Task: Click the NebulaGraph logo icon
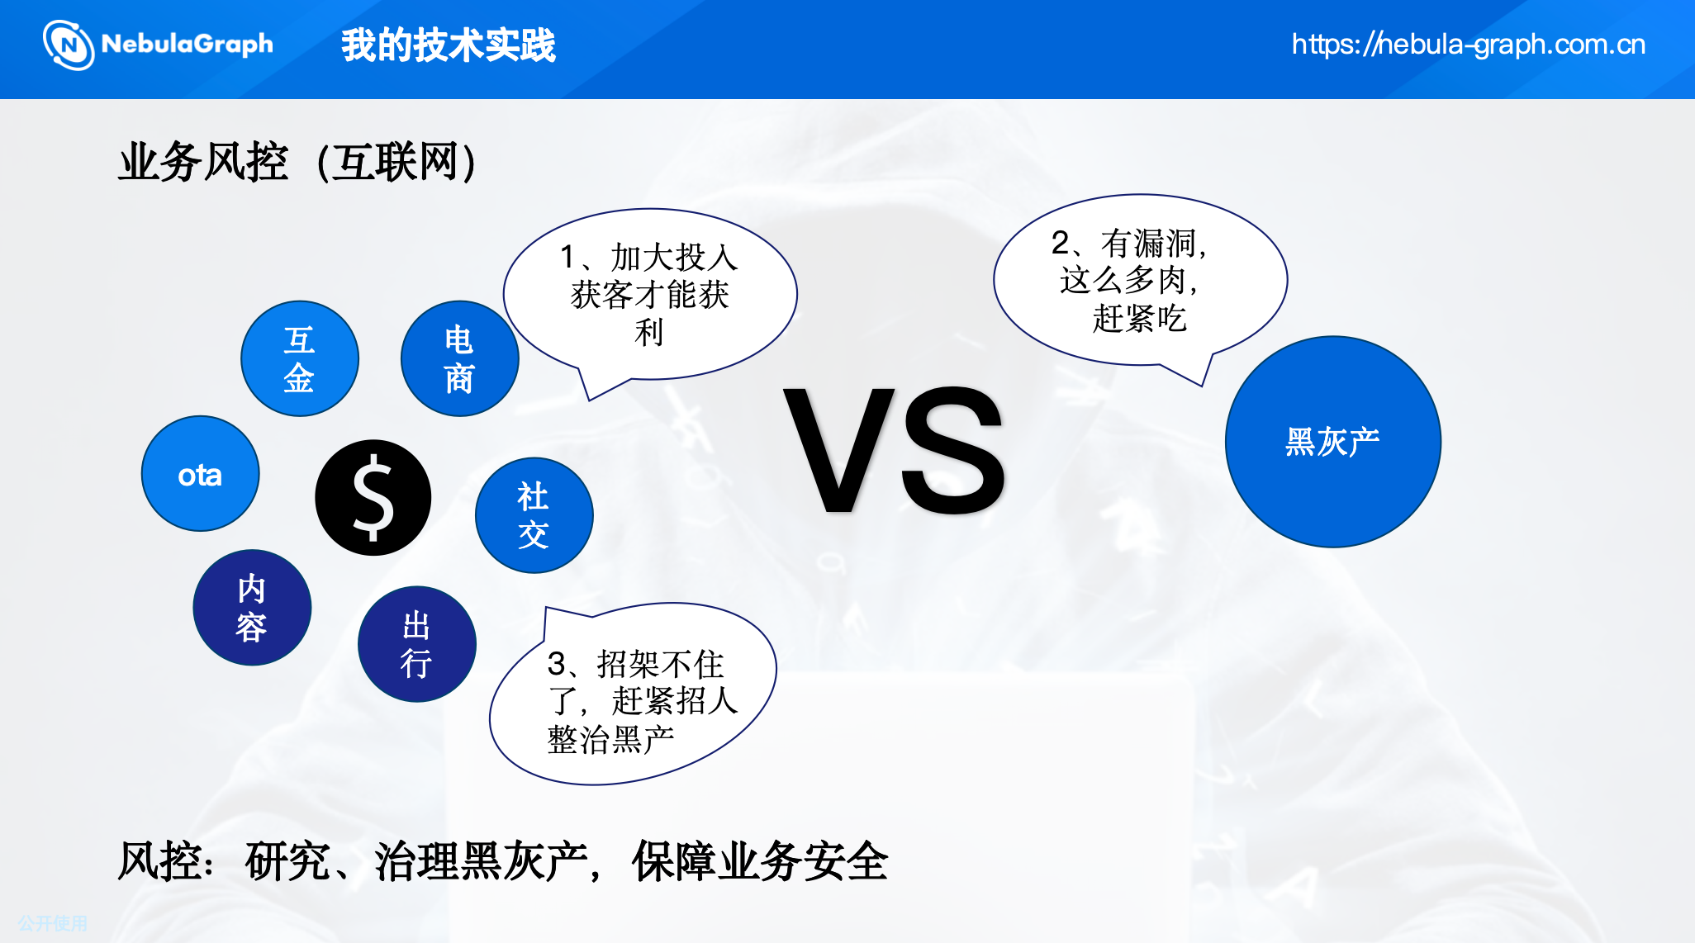coord(69,45)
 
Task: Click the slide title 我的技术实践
coord(449,45)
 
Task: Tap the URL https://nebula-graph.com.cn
coord(1469,44)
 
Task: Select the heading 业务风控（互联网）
coord(297,161)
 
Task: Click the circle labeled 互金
coord(300,358)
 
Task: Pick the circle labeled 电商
coord(460,358)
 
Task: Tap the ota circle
coord(201,474)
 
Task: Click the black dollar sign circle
coord(373,497)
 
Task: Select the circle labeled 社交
coord(534,515)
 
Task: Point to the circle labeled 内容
coord(252,608)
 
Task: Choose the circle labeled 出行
coord(417,644)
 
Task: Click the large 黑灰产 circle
coord(1333,442)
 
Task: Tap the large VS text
coord(895,451)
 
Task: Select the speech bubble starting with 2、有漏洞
coord(1140,281)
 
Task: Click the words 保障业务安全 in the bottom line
coord(760,861)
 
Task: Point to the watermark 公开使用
coord(53,923)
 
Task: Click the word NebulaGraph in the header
coord(188,44)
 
